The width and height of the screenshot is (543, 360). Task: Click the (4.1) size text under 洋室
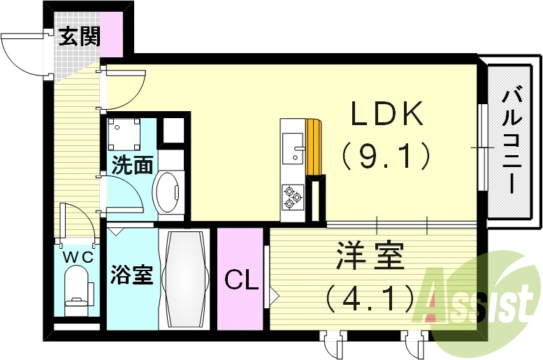pyautogui.click(x=369, y=300)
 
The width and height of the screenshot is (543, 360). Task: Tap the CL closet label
pyautogui.click(x=240, y=281)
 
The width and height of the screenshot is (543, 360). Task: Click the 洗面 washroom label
pyautogui.click(x=133, y=166)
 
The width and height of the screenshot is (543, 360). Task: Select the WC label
pyautogui.click(x=78, y=257)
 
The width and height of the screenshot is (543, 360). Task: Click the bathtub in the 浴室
pyautogui.click(x=184, y=278)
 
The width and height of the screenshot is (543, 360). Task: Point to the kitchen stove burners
pyautogui.click(x=292, y=197)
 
